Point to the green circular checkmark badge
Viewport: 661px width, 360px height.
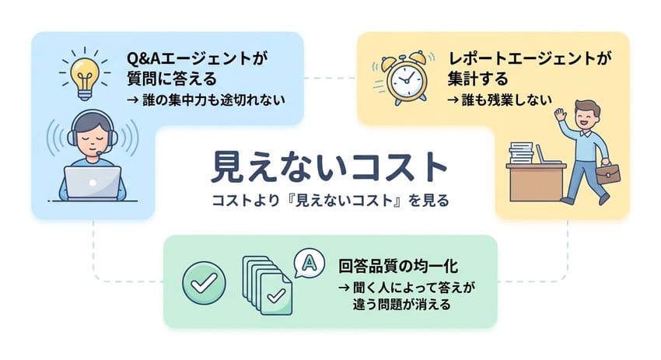[203, 283]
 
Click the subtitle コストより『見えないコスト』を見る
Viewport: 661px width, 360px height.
[330, 200]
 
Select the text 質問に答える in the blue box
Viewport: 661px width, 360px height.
[170, 79]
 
